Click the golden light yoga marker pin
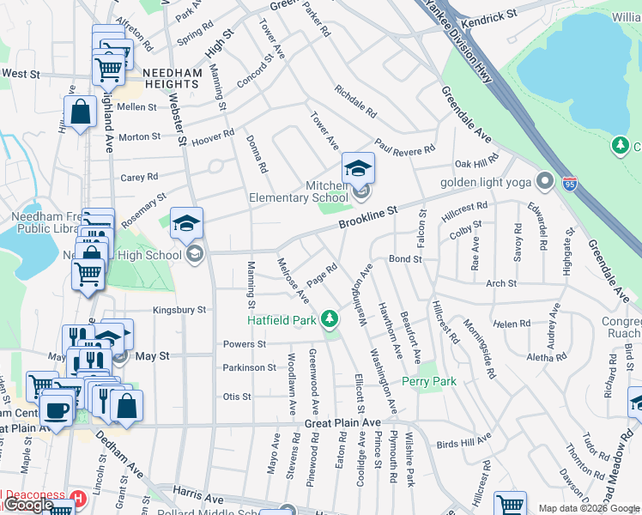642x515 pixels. coord(543,181)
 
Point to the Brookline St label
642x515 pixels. coord(368,216)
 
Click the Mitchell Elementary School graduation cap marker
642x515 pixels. coord(358,167)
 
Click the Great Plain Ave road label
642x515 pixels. coord(342,424)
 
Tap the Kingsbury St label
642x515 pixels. coord(179,310)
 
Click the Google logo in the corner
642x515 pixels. coord(27,505)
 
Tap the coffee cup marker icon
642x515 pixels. coord(58,409)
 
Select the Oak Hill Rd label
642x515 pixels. coord(475,163)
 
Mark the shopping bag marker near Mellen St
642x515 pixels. coord(80,112)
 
